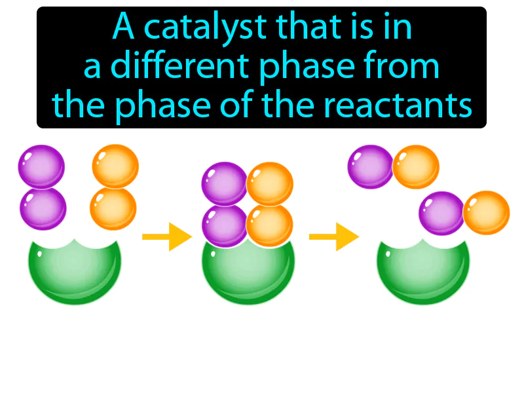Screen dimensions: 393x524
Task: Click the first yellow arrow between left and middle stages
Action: [165, 236]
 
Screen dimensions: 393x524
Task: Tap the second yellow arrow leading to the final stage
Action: [332, 236]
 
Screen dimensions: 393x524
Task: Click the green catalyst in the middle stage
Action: [248, 275]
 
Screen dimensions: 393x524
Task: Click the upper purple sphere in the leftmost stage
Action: [41, 166]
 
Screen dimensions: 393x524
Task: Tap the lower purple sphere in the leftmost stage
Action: [43, 208]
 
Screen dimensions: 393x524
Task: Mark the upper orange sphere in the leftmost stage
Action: [115, 166]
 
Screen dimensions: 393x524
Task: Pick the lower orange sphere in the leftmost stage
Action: [113, 208]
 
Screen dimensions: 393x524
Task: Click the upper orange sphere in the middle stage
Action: [269, 183]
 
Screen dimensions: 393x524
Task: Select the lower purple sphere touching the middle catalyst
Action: [225, 225]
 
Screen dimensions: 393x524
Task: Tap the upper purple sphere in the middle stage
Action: [224, 183]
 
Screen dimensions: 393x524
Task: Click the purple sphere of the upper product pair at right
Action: [370, 166]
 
